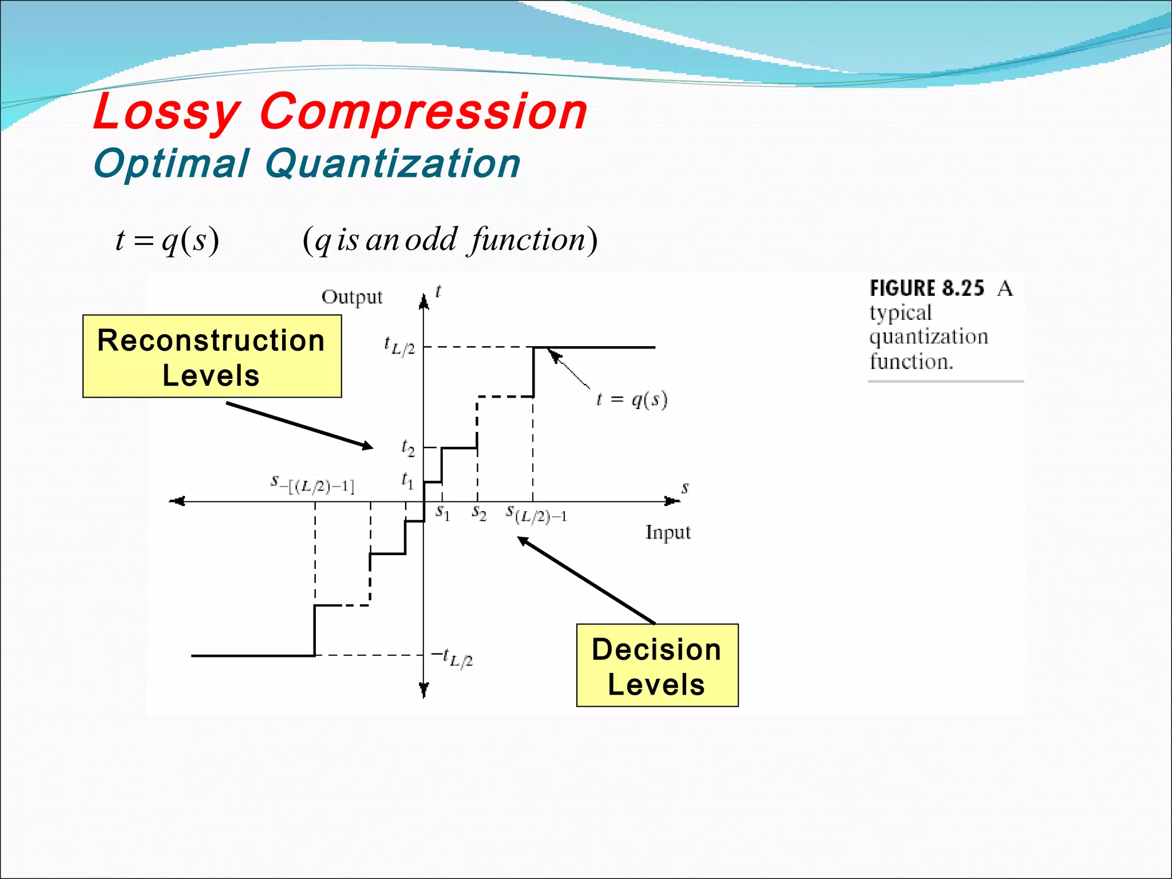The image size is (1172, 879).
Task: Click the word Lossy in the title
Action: point(167,112)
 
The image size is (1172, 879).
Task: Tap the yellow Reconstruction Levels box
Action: point(212,357)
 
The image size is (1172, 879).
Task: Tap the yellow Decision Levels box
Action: point(657,666)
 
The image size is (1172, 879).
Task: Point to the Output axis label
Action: point(351,297)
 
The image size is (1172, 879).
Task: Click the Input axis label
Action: point(668,532)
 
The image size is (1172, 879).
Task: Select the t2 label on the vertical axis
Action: point(407,448)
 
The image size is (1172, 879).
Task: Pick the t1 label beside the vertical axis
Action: point(407,480)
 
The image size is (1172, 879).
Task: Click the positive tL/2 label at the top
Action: point(399,346)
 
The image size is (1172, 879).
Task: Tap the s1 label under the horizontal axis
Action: point(442,512)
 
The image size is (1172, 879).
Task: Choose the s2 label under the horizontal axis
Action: point(479,512)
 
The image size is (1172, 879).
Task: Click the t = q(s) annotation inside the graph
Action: point(632,399)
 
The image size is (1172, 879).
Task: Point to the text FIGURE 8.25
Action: point(926,288)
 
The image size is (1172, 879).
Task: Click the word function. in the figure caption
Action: point(911,362)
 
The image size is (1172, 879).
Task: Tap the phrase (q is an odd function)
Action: point(450,240)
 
